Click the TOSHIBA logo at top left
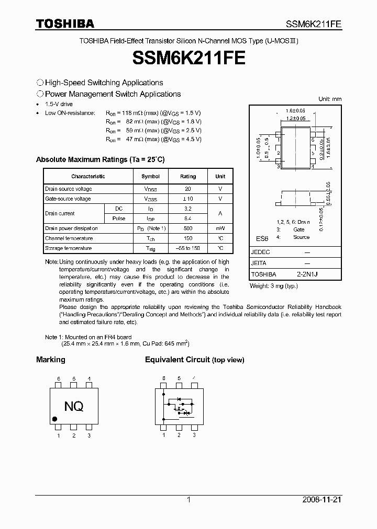(65, 24)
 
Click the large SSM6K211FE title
(188, 58)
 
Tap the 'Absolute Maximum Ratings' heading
(100, 159)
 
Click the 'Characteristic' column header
(88, 177)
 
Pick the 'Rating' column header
(188, 177)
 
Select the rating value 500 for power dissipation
(188, 228)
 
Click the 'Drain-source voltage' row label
(69, 189)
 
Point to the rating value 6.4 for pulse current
(188, 218)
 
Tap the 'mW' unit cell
(220, 228)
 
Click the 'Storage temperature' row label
(69, 248)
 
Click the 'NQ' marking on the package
(74, 406)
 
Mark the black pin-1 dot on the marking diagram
(55, 419)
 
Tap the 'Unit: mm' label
(330, 99)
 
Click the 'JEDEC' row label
(261, 252)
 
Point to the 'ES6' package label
(262, 238)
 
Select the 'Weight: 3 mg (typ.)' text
(273, 286)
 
